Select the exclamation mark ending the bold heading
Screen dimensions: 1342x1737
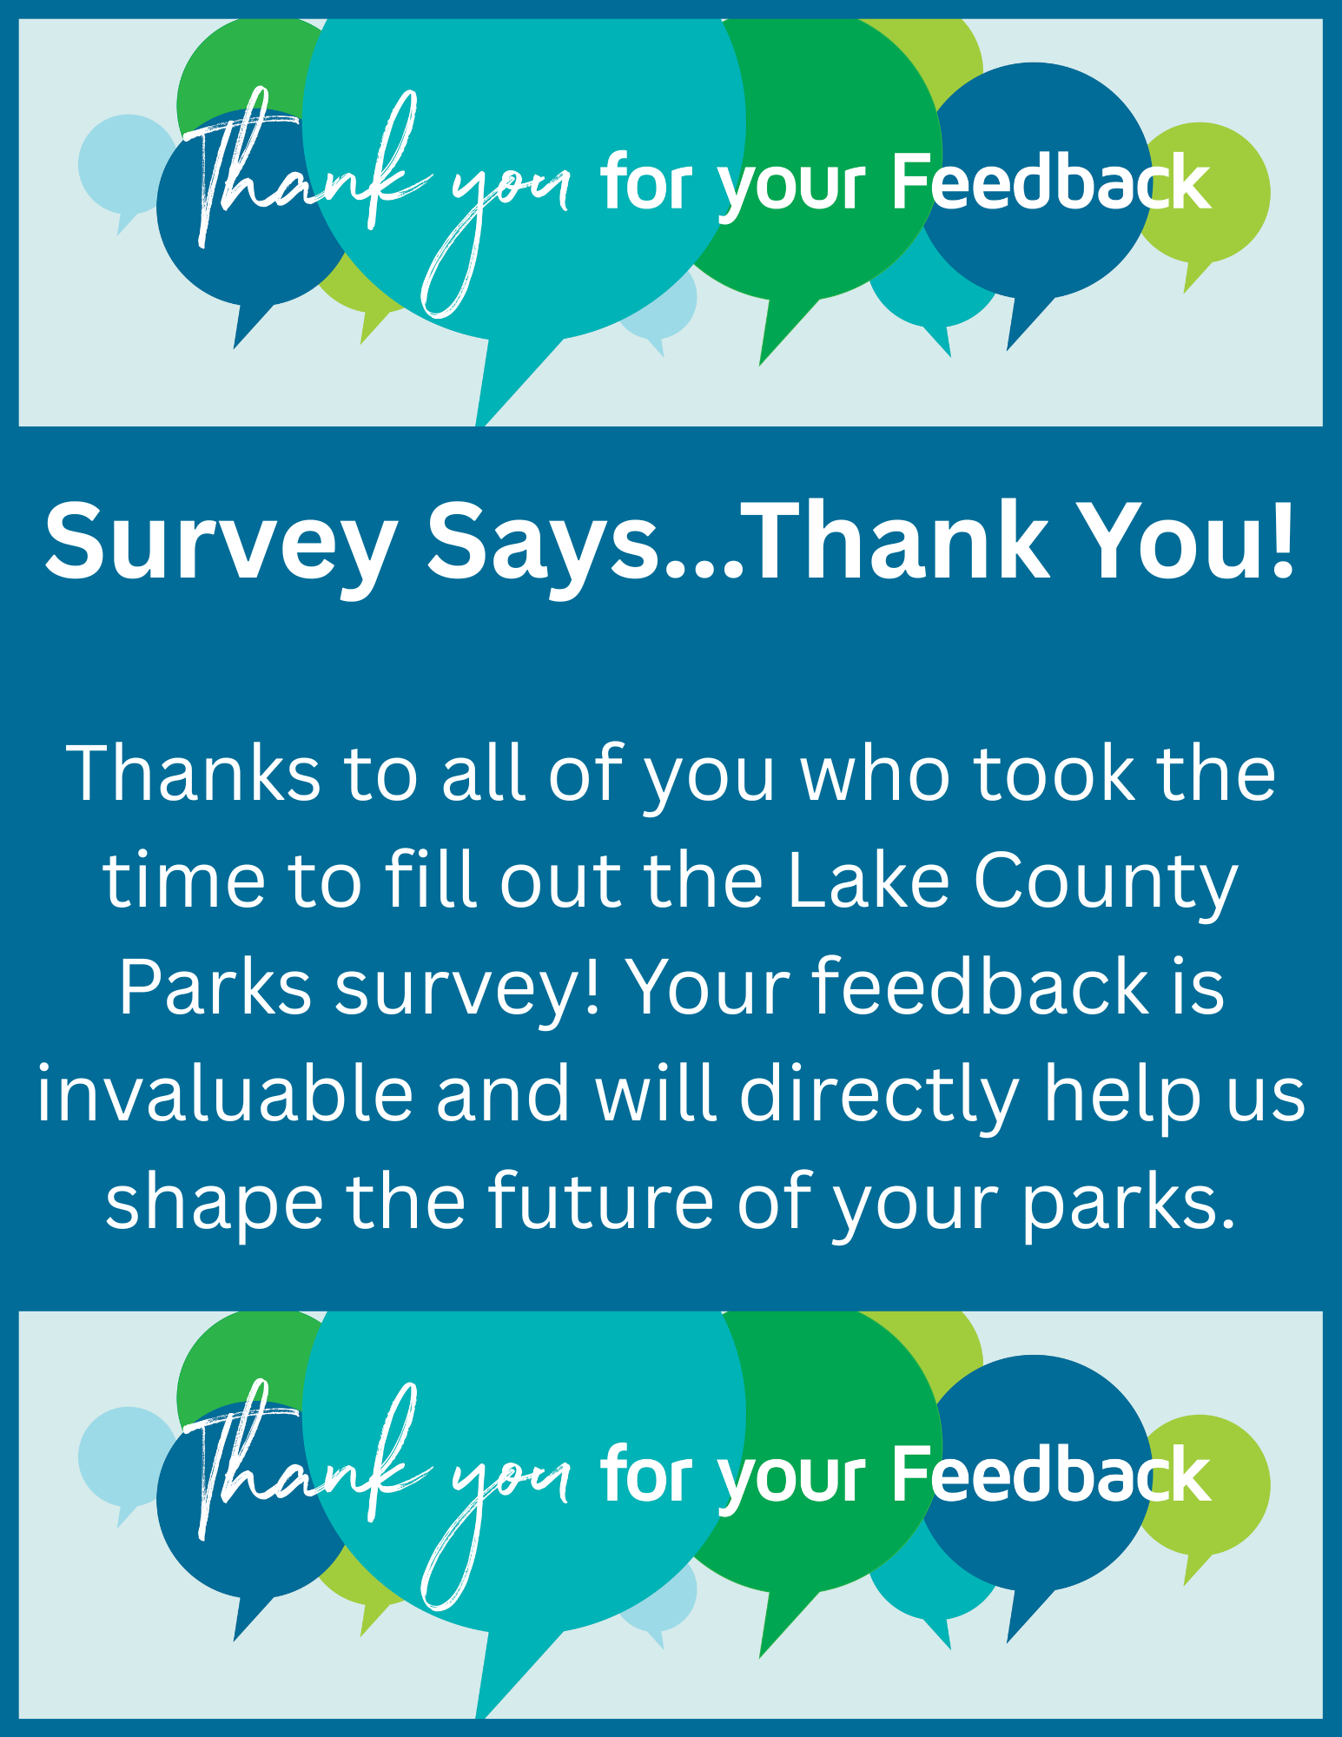coord(1280,539)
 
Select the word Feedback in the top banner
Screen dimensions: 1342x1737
coord(1052,182)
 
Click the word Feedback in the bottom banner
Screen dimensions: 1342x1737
coord(1052,1474)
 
